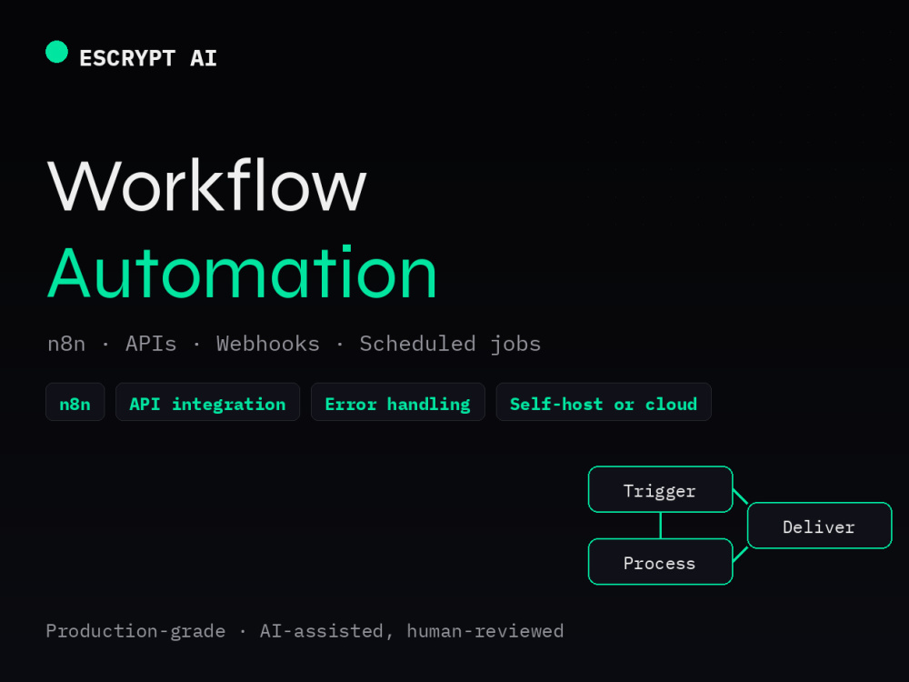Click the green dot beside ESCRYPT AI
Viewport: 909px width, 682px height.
pyautogui.click(x=56, y=52)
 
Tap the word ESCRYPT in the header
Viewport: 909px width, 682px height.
pyautogui.click(x=127, y=58)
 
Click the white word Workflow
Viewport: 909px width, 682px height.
pyautogui.click(x=207, y=186)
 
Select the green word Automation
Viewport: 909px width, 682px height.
pyautogui.click(x=242, y=272)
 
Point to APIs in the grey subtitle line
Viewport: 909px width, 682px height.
pyautogui.click(x=151, y=344)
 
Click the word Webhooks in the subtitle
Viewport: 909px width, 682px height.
pyautogui.click(x=268, y=344)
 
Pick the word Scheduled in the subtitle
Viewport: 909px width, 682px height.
pyautogui.click(x=417, y=344)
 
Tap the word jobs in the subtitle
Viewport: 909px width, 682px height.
pyautogui.click(x=515, y=345)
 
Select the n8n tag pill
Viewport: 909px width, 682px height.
pyautogui.click(x=75, y=402)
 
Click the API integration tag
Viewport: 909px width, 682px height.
pyautogui.click(x=207, y=402)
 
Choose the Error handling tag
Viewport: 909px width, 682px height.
pyautogui.click(x=398, y=402)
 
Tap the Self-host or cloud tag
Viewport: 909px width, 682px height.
pyautogui.click(x=604, y=402)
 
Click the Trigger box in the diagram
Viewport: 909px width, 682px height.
pyautogui.click(x=660, y=489)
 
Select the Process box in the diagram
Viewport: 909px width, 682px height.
pyautogui.click(x=660, y=561)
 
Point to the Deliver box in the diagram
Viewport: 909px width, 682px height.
pyautogui.click(x=820, y=526)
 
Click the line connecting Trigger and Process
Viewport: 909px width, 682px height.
pyautogui.click(x=661, y=526)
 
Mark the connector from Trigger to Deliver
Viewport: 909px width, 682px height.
pyautogui.click(x=740, y=496)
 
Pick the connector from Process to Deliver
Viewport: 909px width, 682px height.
pyautogui.click(x=740, y=555)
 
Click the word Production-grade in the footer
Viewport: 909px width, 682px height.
pyautogui.click(x=135, y=631)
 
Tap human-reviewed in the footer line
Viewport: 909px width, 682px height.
pyautogui.click(x=485, y=630)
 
